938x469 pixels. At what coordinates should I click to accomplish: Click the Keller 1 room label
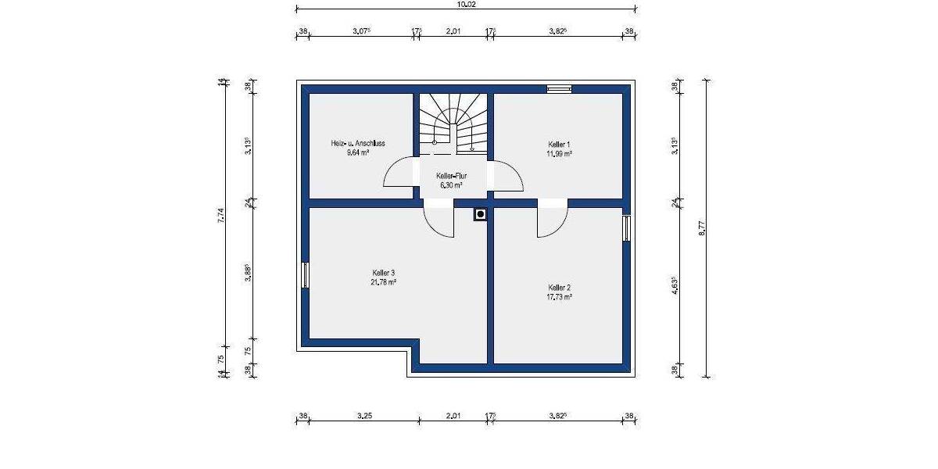[559, 145]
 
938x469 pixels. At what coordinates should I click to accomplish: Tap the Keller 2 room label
[559, 288]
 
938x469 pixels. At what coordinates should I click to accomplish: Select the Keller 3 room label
[383, 273]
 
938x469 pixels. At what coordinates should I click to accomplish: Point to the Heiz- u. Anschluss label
[358, 144]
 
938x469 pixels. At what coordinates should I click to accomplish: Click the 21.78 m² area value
[383, 282]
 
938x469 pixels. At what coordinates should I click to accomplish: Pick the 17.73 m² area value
[559, 297]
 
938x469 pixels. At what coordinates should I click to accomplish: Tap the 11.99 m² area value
[559, 154]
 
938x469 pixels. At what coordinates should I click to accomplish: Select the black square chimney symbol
[480, 213]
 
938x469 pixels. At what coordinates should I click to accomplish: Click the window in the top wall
[559, 88]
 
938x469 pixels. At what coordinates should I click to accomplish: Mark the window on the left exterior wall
[305, 275]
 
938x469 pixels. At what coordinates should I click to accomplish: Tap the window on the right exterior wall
[625, 229]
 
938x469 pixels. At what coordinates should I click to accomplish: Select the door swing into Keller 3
[440, 221]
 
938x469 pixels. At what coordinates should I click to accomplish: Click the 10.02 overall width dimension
[466, 5]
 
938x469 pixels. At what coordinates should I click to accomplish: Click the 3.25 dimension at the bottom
[362, 416]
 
